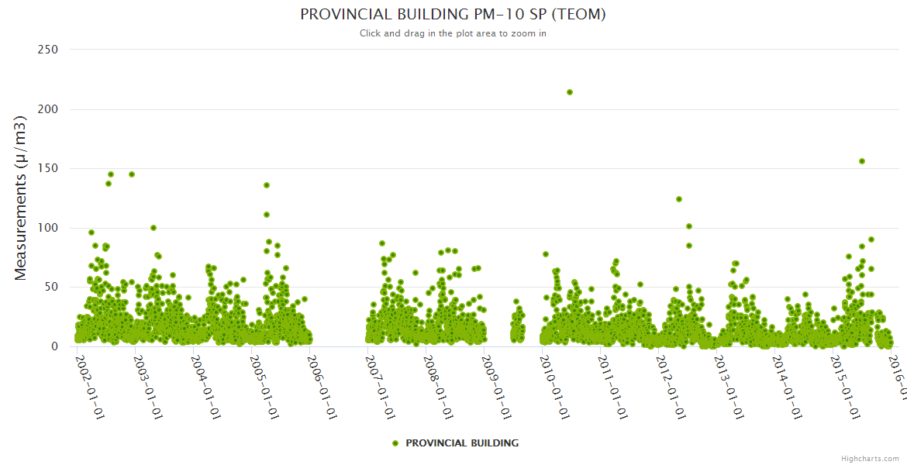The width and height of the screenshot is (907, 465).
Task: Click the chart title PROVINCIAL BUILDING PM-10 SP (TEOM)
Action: (453, 14)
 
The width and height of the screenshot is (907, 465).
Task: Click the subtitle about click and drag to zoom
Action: (453, 33)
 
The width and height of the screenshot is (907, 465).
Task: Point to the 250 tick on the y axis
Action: (48, 50)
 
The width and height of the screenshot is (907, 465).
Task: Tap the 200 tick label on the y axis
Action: (48, 109)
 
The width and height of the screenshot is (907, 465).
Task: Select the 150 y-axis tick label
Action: (48, 168)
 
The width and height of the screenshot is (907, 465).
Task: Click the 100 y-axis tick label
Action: (48, 228)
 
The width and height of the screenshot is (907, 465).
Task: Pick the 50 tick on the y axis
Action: (51, 288)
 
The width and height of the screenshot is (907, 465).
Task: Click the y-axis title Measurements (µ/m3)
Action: (21, 198)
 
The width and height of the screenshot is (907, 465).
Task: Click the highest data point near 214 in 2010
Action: (570, 92)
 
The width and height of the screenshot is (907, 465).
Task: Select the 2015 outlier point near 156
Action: (862, 161)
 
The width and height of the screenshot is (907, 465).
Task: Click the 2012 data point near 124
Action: (679, 199)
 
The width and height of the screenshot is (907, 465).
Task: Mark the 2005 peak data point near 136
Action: (267, 185)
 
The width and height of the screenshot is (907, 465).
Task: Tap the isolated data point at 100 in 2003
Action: (153, 228)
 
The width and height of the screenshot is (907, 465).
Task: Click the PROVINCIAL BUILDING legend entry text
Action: (462, 443)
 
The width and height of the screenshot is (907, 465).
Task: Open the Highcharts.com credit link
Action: (870, 459)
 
